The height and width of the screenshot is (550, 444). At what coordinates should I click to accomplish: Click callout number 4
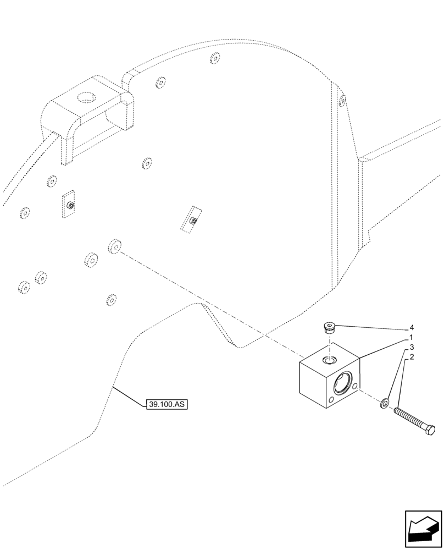tap(411, 328)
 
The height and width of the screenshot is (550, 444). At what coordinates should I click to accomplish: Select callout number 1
tap(411, 337)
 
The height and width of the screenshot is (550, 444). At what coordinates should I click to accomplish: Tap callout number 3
tap(411, 348)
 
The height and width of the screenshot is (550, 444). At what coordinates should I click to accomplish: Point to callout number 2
tap(411, 358)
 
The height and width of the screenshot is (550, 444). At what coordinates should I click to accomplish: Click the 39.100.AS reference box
tap(167, 405)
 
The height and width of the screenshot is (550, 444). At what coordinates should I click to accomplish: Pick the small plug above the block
tap(330, 329)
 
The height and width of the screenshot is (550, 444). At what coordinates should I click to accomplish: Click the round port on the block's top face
tap(330, 361)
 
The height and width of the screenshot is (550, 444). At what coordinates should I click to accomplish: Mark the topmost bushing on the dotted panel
tap(215, 58)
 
